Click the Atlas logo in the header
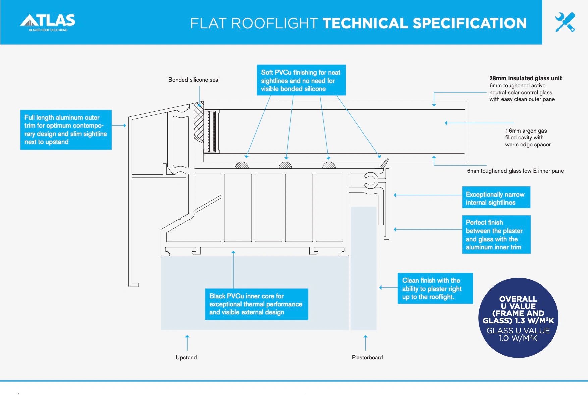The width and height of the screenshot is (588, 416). click(48, 22)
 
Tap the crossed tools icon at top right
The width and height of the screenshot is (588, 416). click(565, 22)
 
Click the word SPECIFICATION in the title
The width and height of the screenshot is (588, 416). click(469, 23)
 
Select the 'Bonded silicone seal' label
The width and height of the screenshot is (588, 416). click(194, 80)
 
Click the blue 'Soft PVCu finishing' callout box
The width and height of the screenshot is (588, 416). click(301, 81)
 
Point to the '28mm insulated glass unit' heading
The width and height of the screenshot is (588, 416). click(525, 78)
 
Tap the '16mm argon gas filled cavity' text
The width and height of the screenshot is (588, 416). click(528, 138)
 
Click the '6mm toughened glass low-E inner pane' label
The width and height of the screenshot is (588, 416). click(515, 171)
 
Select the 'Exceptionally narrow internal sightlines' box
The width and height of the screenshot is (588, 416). click(495, 198)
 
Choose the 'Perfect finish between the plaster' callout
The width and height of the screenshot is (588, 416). click(496, 235)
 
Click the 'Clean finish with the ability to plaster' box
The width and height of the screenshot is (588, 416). click(435, 289)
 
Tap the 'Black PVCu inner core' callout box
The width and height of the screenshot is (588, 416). click(256, 304)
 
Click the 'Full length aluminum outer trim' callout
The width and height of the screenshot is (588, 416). click(66, 129)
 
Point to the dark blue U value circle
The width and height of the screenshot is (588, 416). click(518, 318)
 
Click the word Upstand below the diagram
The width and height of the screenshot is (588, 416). click(186, 357)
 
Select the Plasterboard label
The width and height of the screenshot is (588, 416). click(367, 357)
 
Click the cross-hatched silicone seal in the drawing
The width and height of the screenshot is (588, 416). click(199, 123)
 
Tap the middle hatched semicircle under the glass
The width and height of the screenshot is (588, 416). click(285, 165)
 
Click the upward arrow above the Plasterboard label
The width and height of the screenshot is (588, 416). click(365, 342)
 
